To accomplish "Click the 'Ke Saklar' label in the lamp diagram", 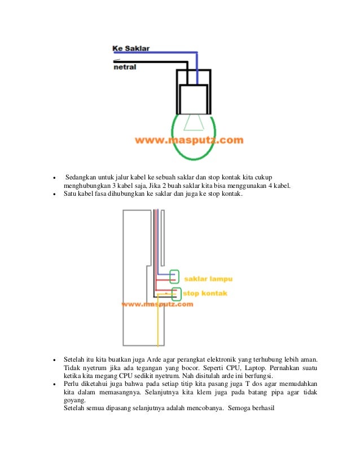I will [x=131, y=49].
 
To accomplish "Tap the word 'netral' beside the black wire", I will [x=125, y=67].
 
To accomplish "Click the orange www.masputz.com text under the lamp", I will [x=189, y=139].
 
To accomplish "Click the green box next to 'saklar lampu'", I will [x=174, y=276].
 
